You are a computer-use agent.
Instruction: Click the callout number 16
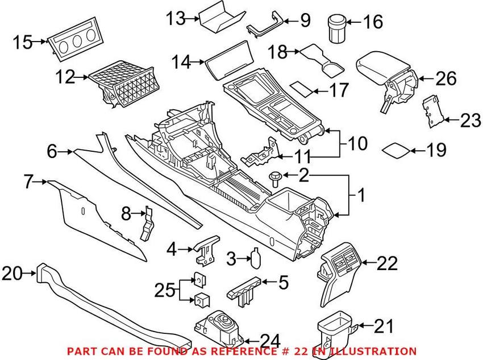point(373,22)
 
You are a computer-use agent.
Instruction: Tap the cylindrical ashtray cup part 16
point(336,28)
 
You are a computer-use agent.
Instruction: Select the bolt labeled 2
point(274,179)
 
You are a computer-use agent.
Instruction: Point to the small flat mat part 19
point(396,150)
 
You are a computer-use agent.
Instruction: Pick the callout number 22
point(387,263)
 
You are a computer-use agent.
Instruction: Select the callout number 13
point(176,19)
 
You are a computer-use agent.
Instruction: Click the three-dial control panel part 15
point(75,39)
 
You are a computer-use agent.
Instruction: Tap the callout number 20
point(12,273)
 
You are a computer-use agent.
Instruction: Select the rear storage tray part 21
point(338,332)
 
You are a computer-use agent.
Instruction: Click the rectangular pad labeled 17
point(302,89)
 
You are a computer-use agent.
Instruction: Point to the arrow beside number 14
point(197,62)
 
